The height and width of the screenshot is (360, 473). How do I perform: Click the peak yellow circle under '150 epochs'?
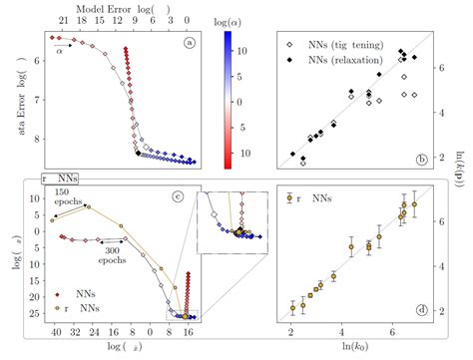click(x=88, y=206)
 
